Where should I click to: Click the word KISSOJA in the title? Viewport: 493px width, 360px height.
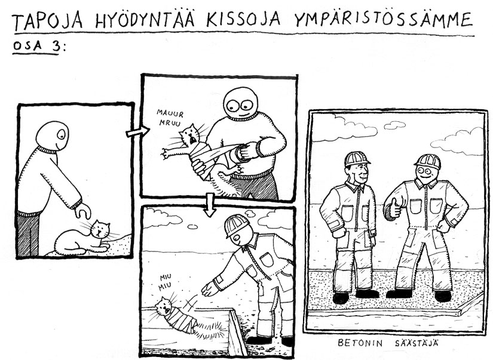243,20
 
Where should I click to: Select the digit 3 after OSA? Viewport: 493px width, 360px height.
56,46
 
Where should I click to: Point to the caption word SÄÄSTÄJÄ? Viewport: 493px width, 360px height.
417,343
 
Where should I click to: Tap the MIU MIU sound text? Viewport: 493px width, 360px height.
166,281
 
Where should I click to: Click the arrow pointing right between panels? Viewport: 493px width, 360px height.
137,132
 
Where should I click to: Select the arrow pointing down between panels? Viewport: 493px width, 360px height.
209,205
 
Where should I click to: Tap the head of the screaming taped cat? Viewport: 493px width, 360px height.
189,134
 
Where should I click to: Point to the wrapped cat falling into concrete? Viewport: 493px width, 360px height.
177,315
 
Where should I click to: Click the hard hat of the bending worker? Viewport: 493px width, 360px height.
236,225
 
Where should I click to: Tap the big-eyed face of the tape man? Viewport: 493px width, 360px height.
241,104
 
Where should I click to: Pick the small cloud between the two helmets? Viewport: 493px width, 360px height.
394,125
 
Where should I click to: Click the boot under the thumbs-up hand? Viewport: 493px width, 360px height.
399,294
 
